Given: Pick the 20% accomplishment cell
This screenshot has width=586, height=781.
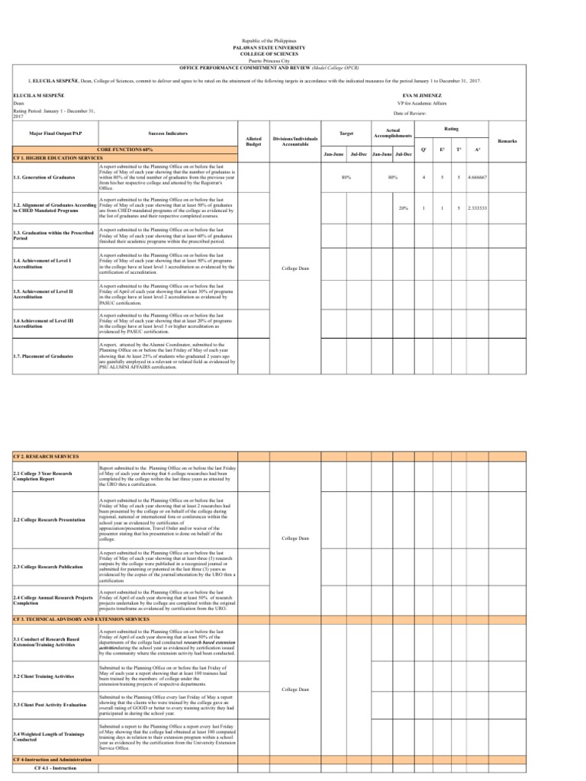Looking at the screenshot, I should pyautogui.click(x=402, y=207).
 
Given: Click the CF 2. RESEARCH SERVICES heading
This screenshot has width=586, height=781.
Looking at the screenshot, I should pyautogui.click(x=47, y=456).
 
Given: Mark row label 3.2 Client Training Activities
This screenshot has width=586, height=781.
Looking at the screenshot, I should pyautogui.click(x=44, y=677).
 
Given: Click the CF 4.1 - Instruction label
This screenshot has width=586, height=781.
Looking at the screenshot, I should pyautogui.click(x=52, y=767).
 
